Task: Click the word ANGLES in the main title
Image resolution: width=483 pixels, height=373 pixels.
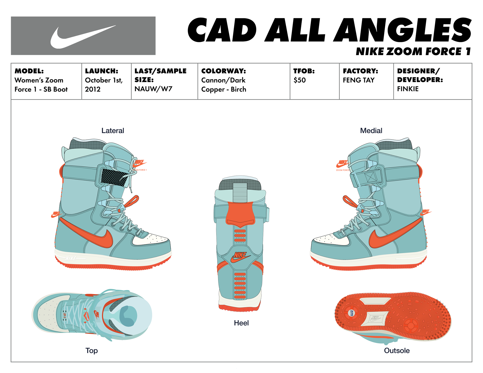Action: pyautogui.click(x=403, y=30)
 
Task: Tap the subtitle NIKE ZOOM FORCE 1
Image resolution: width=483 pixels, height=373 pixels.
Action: pyautogui.click(x=413, y=52)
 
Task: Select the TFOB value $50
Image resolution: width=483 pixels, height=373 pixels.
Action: pyautogui.click(x=300, y=80)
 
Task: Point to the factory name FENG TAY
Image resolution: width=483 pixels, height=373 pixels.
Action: pyautogui.click(x=358, y=80)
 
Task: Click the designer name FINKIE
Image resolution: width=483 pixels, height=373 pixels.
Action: pyautogui.click(x=408, y=89)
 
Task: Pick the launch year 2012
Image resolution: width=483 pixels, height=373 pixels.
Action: pyautogui.click(x=93, y=89)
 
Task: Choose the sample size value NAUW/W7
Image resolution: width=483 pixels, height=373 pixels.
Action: pyautogui.click(x=153, y=89)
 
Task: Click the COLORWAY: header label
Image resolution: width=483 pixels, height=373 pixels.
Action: pyautogui.click(x=223, y=71)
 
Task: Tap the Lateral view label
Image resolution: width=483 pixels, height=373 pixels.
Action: pyautogui.click(x=113, y=131)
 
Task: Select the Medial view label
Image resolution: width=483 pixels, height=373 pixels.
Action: pyautogui.click(x=371, y=131)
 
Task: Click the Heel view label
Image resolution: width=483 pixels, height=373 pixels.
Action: pyautogui.click(x=241, y=323)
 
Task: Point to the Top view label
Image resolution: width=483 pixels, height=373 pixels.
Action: pyautogui.click(x=92, y=351)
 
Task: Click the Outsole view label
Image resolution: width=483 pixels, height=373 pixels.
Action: pyautogui.click(x=397, y=351)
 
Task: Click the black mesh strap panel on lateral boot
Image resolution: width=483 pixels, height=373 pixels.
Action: pyautogui.click(x=113, y=177)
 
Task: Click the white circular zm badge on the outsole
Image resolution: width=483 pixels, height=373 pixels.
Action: pyautogui.click(x=351, y=313)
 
